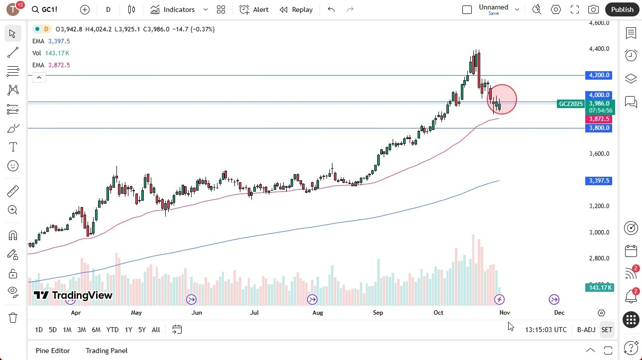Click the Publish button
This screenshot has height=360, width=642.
click(622, 9)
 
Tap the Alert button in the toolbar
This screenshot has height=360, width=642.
click(254, 9)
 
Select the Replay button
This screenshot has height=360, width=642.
click(296, 9)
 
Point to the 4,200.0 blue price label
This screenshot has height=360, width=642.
click(598, 75)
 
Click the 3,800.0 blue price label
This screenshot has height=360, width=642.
click(598, 128)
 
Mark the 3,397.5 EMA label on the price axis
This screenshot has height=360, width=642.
click(598, 181)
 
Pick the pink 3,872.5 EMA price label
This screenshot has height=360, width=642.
click(598, 119)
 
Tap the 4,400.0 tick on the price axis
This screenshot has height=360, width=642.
click(599, 49)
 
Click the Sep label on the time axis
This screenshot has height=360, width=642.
click(378, 313)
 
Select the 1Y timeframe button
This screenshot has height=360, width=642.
click(128, 330)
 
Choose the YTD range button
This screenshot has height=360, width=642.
click(112, 330)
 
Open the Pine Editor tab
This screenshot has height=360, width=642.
click(53, 351)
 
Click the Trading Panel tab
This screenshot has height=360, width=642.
click(107, 351)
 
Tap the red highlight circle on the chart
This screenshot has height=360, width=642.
click(502, 99)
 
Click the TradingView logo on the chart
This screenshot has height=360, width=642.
click(73, 295)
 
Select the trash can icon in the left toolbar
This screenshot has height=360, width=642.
click(13, 318)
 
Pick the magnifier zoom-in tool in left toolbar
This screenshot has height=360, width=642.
click(13, 210)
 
